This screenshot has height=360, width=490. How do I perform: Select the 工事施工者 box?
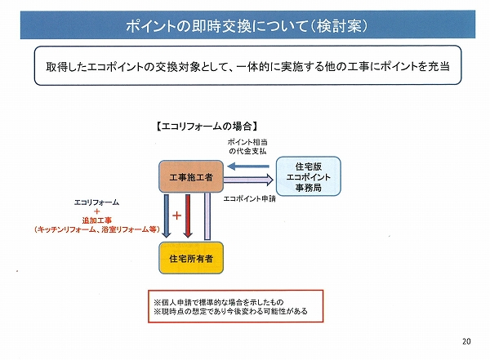pyautogui.click(x=191, y=176)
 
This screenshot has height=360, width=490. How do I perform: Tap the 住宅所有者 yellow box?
pyautogui.click(x=191, y=258)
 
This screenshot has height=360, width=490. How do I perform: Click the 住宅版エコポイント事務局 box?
pyautogui.click(x=309, y=176)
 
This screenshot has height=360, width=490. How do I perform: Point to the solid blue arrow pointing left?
pyautogui.click(x=248, y=167)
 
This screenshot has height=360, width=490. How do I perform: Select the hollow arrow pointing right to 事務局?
pyautogui.click(x=248, y=180)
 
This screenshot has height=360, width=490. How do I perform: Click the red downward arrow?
pyautogui.click(x=188, y=216)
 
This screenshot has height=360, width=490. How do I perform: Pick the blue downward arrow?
pyautogui.click(x=167, y=216)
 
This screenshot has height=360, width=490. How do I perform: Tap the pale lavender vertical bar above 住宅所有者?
pyautogui.click(x=207, y=216)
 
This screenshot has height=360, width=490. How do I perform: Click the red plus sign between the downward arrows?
pyautogui.click(x=177, y=216)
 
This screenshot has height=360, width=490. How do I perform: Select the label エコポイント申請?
pyautogui.click(x=250, y=198)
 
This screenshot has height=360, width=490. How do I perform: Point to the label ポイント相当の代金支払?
pyautogui.click(x=247, y=147)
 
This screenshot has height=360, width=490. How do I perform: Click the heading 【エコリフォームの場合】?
pyautogui.click(x=207, y=127)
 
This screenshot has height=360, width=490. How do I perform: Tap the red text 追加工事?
pyautogui.click(x=97, y=220)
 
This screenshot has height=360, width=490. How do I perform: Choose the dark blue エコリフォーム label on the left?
pyautogui.click(x=96, y=202)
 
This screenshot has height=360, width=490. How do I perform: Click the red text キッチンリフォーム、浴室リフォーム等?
pyautogui.click(x=97, y=229)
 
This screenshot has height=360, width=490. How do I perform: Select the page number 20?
pyautogui.click(x=466, y=341)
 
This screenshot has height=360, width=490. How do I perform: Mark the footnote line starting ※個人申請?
pyautogui.click(x=219, y=302)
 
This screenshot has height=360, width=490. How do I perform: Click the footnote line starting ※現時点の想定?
pyautogui.click(x=230, y=311)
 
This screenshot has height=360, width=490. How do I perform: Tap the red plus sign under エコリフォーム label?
pyautogui.click(x=96, y=211)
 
